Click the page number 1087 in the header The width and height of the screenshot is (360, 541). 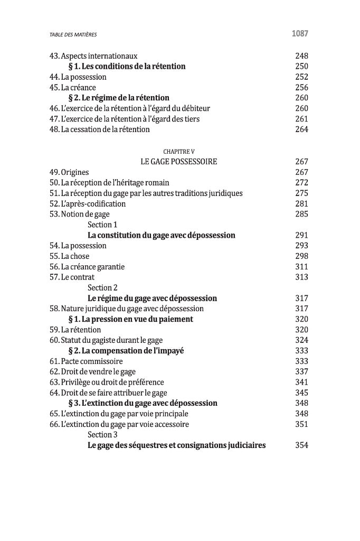(299, 34)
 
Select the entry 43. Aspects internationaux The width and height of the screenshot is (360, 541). (93, 56)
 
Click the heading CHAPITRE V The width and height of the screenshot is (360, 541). (179, 152)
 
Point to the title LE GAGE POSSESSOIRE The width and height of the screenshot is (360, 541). (179, 162)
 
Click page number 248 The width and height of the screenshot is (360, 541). (301, 56)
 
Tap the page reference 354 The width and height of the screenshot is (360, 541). (301, 445)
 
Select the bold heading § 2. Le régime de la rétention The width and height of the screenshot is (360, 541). (119, 98)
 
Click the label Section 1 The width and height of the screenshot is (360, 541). (102, 225)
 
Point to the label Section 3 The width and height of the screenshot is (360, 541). (102, 435)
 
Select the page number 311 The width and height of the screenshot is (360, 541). (301, 267)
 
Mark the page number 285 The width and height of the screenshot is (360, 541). (301, 214)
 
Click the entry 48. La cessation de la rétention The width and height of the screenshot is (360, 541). (100, 129)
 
